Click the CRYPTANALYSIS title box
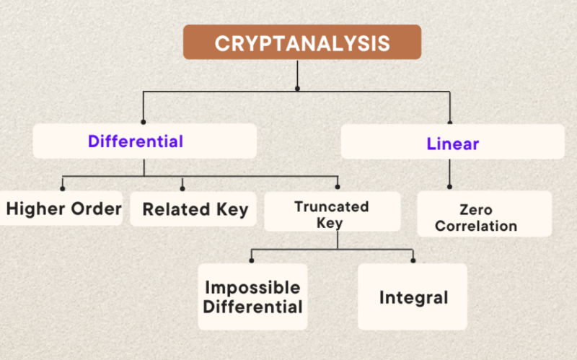tap(302, 42)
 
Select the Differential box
tap(145, 141)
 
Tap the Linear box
tap(453, 141)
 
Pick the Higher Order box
tap(61, 208)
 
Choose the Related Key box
tap(193, 208)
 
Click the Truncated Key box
tap(332, 211)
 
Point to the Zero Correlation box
tap(484, 214)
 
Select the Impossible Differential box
tap(253, 297)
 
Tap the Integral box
tap(413, 297)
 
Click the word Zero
tap(476, 210)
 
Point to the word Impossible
tap(252, 287)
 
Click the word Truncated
tap(332, 206)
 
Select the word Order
tap(97, 208)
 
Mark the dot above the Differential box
tap(143, 122)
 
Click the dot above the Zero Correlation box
tap(449, 187)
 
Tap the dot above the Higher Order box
tap(63, 188)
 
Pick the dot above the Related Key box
tap(182, 188)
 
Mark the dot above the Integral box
tap(413, 260)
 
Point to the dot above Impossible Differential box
tap(251, 260)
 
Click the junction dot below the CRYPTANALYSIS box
tap(297, 88)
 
